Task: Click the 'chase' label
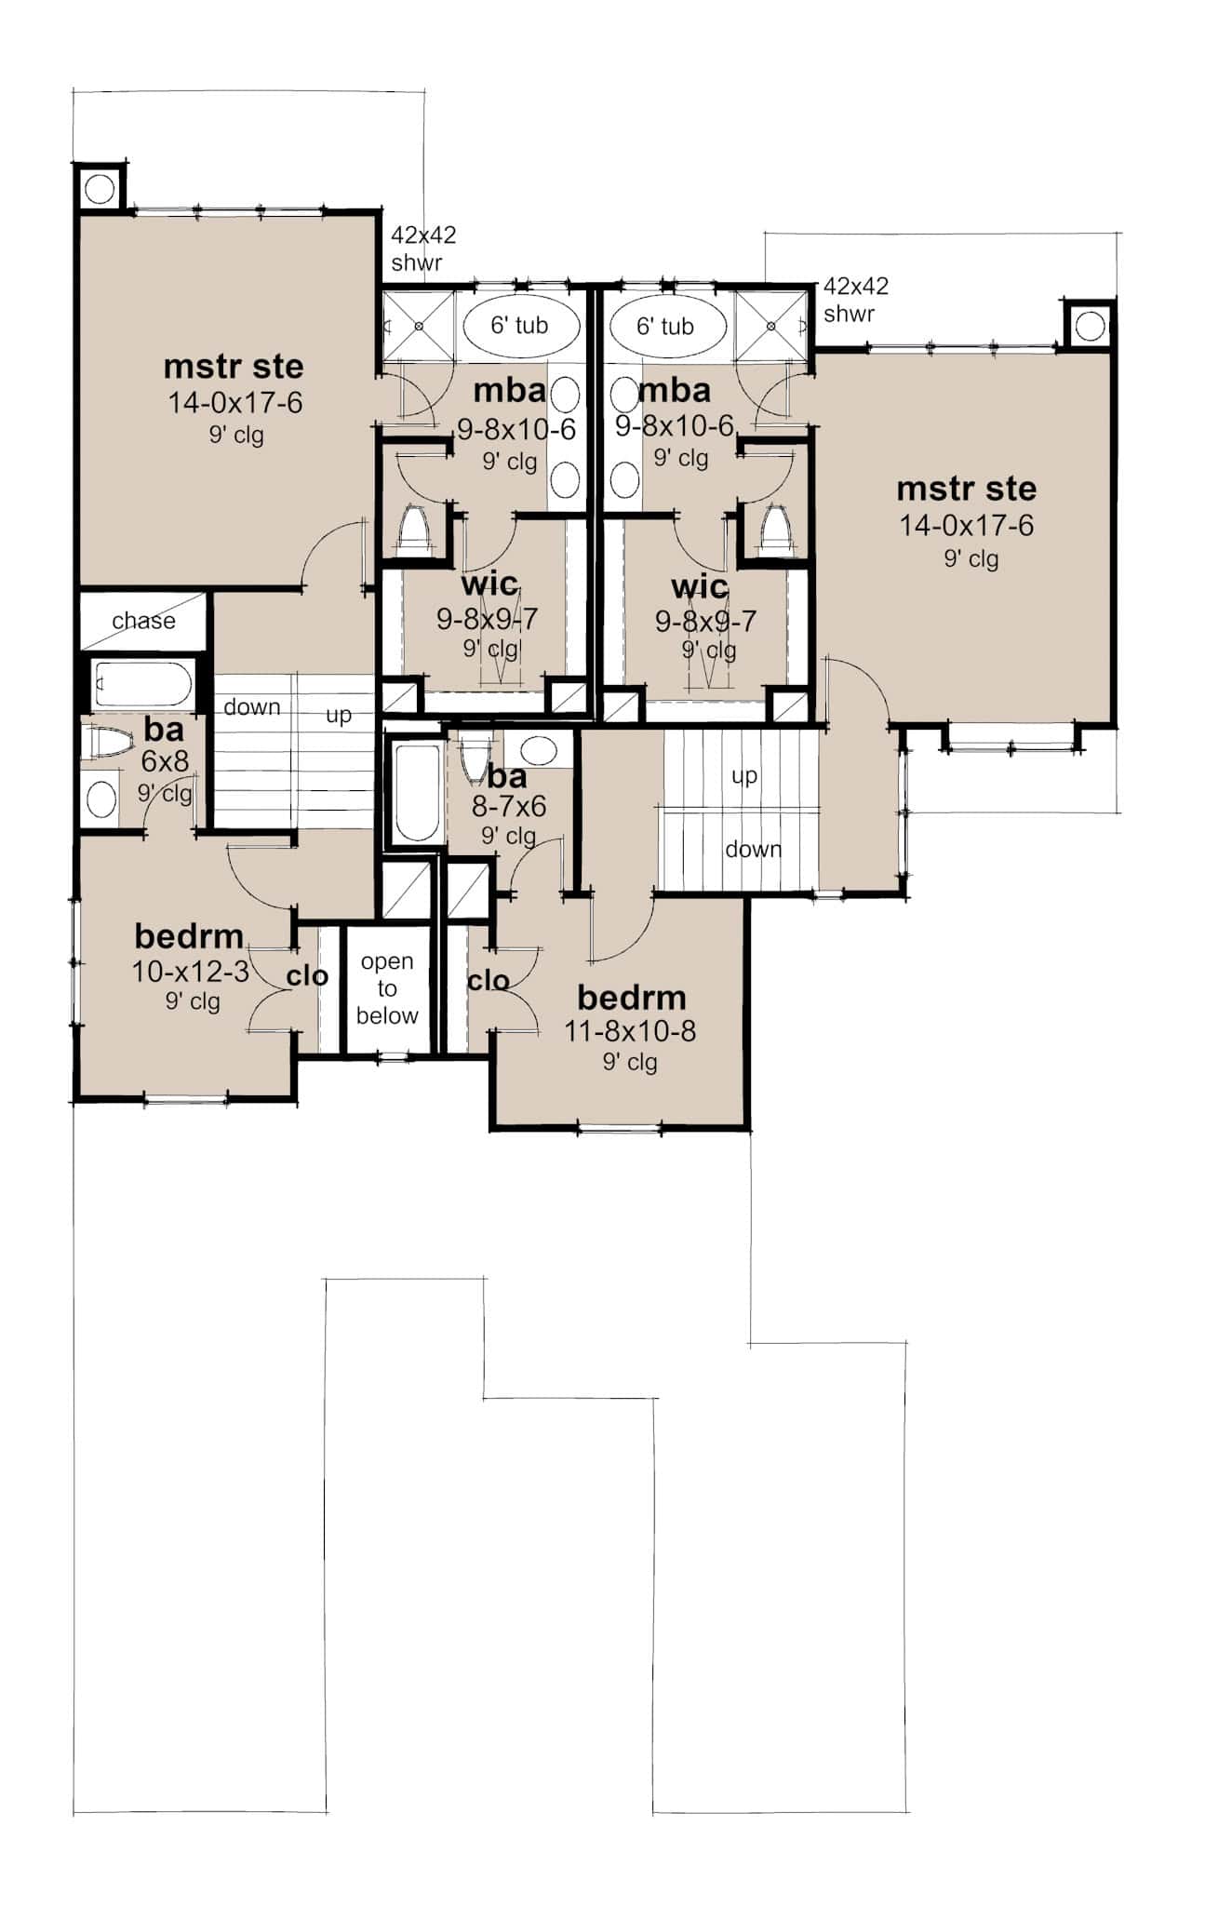(143, 621)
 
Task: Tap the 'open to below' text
(387, 988)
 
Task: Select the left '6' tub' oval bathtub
(520, 326)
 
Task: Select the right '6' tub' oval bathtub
(665, 327)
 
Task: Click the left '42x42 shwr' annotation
(422, 248)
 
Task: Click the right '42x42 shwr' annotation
(855, 299)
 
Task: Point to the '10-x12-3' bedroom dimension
(190, 972)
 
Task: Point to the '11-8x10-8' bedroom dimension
(630, 1031)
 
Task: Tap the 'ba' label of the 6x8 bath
(163, 730)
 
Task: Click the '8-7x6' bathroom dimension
(508, 806)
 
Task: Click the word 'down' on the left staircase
(251, 707)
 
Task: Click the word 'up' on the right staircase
(743, 775)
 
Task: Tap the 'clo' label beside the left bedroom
(307, 975)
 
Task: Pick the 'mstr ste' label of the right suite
(966, 489)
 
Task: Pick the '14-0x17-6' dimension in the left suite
(234, 403)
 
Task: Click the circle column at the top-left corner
(100, 190)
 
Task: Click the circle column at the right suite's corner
(1090, 326)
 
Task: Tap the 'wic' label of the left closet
(489, 584)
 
